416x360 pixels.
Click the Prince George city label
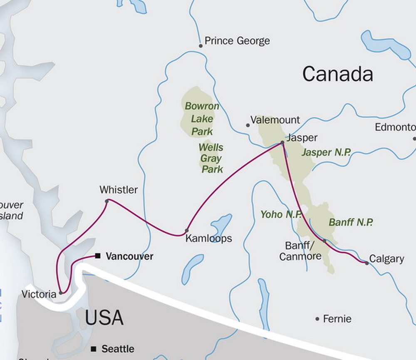(x=237, y=41)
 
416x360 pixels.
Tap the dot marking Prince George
(x=201, y=46)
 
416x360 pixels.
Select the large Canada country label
(x=337, y=74)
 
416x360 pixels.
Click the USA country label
(x=104, y=318)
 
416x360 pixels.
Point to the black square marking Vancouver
(x=97, y=256)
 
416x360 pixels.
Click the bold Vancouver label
(x=129, y=256)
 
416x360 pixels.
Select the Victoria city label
(x=39, y=294)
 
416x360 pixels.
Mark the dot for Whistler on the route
(x=107, y=201)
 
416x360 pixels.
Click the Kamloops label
(x=208, y=238)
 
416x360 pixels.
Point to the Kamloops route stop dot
(x=187, y=231)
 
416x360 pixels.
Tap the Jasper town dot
(x=282, y=142)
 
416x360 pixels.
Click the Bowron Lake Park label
(x=202, y=119)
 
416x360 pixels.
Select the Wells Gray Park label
(x=211, y=159)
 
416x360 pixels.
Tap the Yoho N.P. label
(x=277, y=214)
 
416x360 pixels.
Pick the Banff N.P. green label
(x=351, y=222)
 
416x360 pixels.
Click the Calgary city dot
(x=366, y=263)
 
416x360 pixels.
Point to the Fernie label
(x=337, y=319)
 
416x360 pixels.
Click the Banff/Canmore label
(x=300, y=251)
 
